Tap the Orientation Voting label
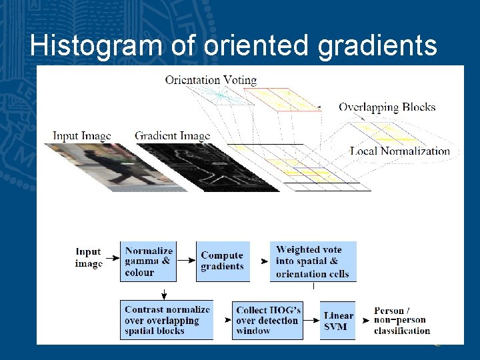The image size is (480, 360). [x=211, y=80]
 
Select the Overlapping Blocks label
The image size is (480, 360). [x=387, y=107]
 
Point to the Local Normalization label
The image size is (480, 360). [x=400, y=151]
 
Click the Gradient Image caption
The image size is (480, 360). [x=172, y=136]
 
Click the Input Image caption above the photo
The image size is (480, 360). [x=82, y=136]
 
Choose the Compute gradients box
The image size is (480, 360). [x=223, y=261]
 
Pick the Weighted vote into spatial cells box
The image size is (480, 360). [x=313, y=261]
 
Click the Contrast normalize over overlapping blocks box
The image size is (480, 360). [x=167, y=320]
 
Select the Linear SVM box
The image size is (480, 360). [x=338, y=321]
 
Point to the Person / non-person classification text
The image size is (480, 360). [x=402, y=321]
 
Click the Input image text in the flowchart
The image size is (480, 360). [x=89, y=257]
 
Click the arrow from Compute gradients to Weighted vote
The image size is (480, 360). [x=261, y=262]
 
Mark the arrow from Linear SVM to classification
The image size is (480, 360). [x=365, y=321]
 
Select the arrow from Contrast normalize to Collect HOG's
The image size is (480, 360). [x=223, y=321]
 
